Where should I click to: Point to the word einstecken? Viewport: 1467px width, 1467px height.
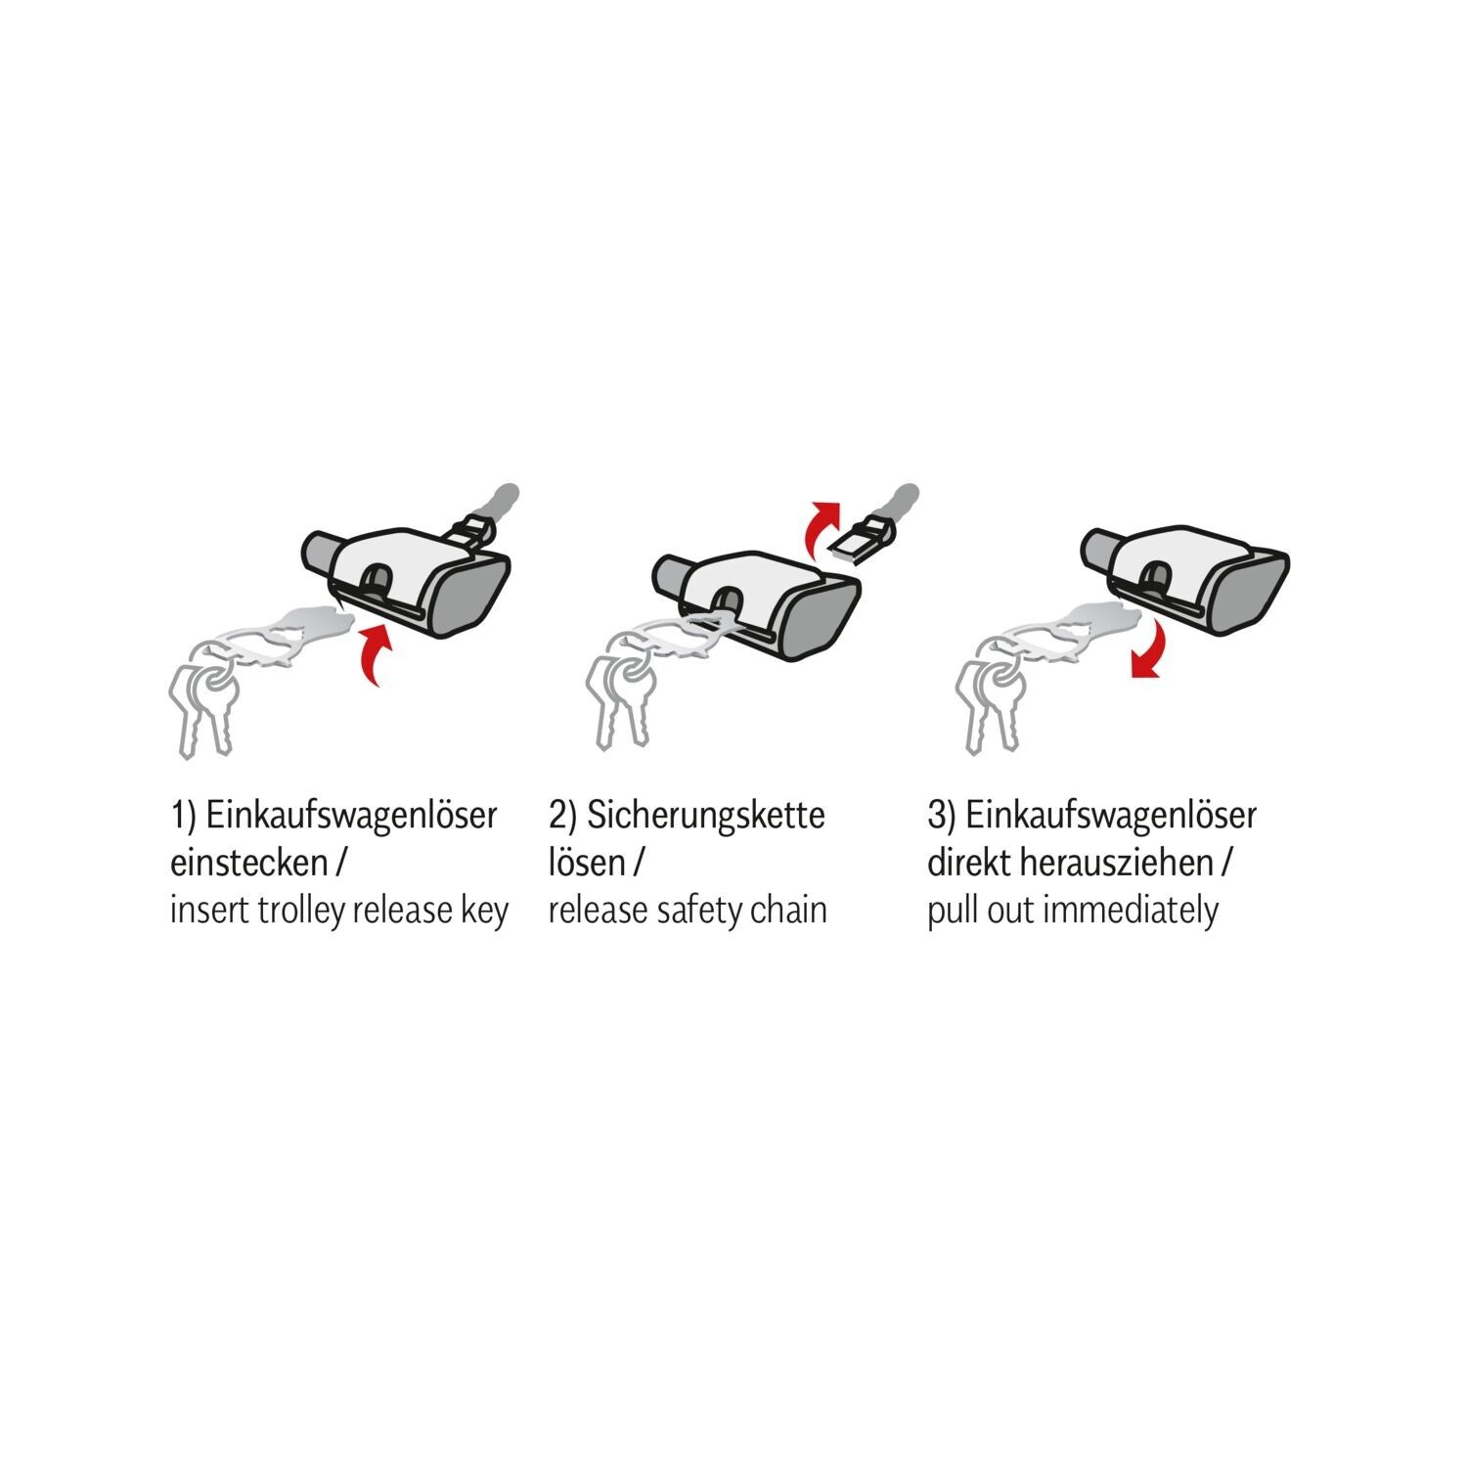[247, 864]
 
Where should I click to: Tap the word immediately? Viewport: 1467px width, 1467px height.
[1131, 911]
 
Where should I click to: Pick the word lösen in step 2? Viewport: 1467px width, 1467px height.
[586, 864]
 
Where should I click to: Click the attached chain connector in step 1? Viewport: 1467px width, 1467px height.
[471, 532]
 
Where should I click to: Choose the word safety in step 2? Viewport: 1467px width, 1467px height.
[696, 911]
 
